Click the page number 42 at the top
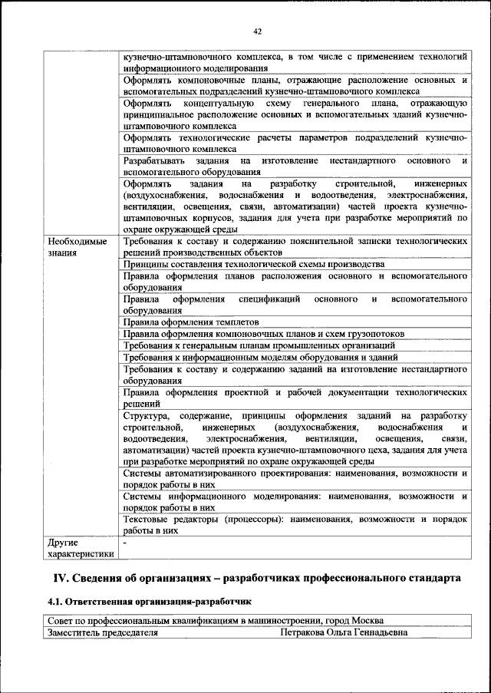(x=257, y=31)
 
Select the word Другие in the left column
(x=63, y=542)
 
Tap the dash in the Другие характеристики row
(x=124, y=542)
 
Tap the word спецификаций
(x=269, y=299)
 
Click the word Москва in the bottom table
(x=367, y=621)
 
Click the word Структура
(x=147, y=415)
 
